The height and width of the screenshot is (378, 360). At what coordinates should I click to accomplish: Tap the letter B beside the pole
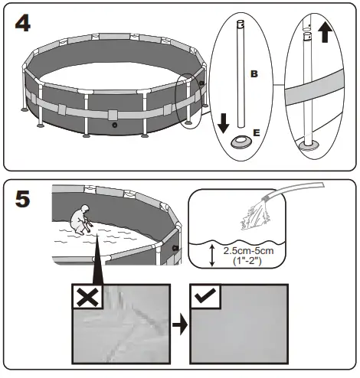[254, 73]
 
